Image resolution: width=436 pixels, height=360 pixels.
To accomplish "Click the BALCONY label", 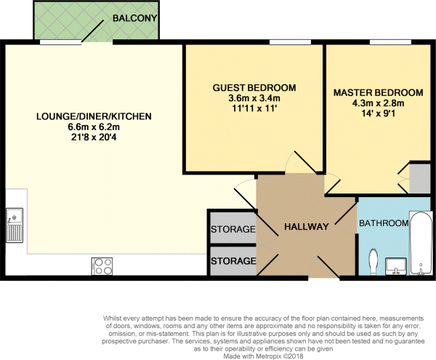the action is point(134,18).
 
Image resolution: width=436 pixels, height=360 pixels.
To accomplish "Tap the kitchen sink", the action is point(15,225).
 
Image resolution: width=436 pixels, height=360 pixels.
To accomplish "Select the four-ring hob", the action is point(102,266).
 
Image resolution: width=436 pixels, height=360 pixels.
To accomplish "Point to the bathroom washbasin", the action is point(396,266).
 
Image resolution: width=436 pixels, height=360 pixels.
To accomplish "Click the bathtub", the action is point(421,244).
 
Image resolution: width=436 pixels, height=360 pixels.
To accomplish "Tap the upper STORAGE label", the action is point(233,229).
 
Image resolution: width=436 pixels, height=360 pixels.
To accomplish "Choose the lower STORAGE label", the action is point(233,261).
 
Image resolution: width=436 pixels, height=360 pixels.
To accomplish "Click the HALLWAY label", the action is point(307,227).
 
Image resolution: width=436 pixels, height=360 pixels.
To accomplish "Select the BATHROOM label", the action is point(384,223).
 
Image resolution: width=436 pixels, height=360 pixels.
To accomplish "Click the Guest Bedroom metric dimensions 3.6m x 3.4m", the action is point(254,98).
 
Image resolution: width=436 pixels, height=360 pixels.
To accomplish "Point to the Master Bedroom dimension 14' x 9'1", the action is point(378,113).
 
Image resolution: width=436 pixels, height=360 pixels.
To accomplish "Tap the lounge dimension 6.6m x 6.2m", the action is point(94,127).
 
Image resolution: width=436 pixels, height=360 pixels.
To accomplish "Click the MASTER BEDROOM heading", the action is point(378,92).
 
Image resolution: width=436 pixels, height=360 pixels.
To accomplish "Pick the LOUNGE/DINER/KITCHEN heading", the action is point(94,116).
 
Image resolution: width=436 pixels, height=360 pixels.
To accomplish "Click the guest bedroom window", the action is point(290,42).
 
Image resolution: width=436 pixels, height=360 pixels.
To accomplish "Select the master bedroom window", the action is point(390,42).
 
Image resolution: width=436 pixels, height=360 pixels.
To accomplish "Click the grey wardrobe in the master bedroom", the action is point(420,179).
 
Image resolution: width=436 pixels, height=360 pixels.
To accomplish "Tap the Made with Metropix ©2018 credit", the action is point(263,356).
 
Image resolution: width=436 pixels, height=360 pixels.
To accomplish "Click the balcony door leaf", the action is point(92,31).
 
